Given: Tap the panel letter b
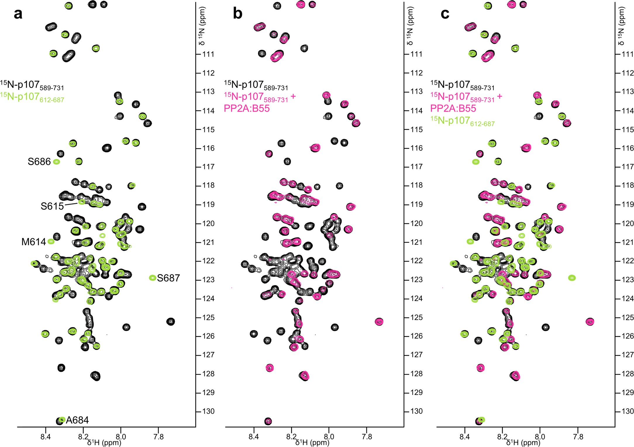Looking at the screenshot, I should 237,14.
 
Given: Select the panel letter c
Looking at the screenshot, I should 445,14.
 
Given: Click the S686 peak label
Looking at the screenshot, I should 39,162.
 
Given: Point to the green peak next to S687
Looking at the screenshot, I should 152,278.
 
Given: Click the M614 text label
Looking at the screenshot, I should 34,242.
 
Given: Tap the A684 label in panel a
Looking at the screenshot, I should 77,420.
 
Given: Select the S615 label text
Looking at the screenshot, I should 52,206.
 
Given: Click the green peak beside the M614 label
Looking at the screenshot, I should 51,242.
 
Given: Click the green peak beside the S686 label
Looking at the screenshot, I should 56,162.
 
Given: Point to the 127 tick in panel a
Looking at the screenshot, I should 208,355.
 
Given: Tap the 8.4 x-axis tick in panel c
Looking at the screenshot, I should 465,436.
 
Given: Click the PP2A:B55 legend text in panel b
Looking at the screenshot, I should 247,109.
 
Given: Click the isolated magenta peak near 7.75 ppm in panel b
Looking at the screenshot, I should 379,322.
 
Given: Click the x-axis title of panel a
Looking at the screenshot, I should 104,443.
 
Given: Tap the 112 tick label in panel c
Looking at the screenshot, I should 628,73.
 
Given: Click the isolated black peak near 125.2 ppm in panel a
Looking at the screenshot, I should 170,322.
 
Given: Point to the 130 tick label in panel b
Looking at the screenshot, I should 416,411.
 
